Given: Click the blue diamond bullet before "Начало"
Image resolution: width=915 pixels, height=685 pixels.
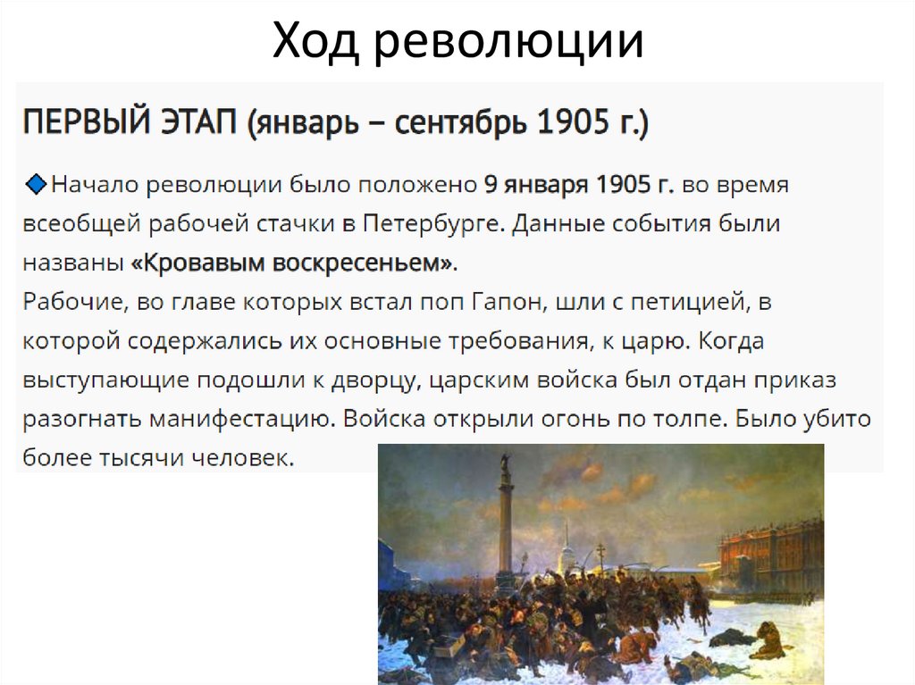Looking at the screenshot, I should (x=37, y=184).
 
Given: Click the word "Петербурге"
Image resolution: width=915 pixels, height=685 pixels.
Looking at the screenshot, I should (x=428, y=224).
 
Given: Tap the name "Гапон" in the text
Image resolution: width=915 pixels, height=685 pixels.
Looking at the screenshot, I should (x=501, y=302).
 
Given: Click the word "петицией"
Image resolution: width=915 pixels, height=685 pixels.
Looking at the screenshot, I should (x=692, y=302).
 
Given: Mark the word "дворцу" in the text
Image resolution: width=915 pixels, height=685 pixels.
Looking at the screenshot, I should (x=376, y=380).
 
